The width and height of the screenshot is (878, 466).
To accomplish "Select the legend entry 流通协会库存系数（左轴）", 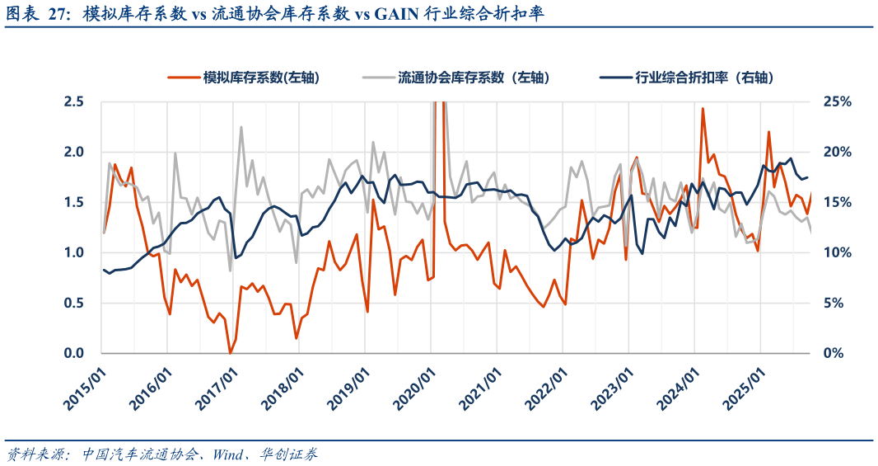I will (x=474, y=78).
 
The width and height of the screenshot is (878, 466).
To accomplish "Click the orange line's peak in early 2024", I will (x=703, y=109).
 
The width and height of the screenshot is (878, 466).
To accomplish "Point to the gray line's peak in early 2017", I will (x=241, y=127).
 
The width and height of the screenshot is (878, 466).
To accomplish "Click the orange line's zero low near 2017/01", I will (x=230, y=353).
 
